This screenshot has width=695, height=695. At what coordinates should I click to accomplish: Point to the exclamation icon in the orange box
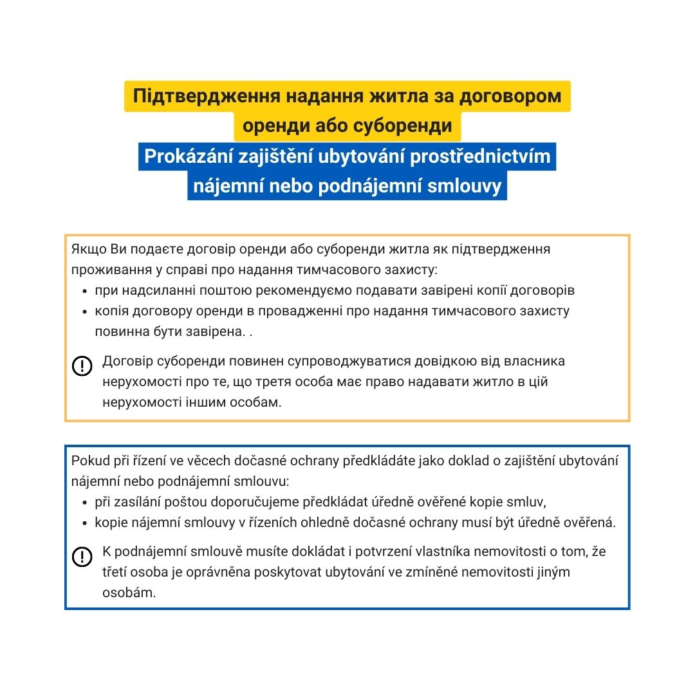(x=82, y=366)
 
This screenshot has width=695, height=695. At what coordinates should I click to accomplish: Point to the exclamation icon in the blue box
(x=82, y=557)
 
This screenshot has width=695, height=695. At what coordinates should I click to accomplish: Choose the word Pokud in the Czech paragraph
(x=88, y=461)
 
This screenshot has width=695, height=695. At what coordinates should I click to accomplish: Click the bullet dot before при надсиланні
(x=86, y=291)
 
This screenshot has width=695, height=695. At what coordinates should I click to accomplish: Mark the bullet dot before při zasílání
(x=86, y=503)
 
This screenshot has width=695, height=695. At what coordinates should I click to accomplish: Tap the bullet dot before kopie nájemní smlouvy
(x=86, y=523)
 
